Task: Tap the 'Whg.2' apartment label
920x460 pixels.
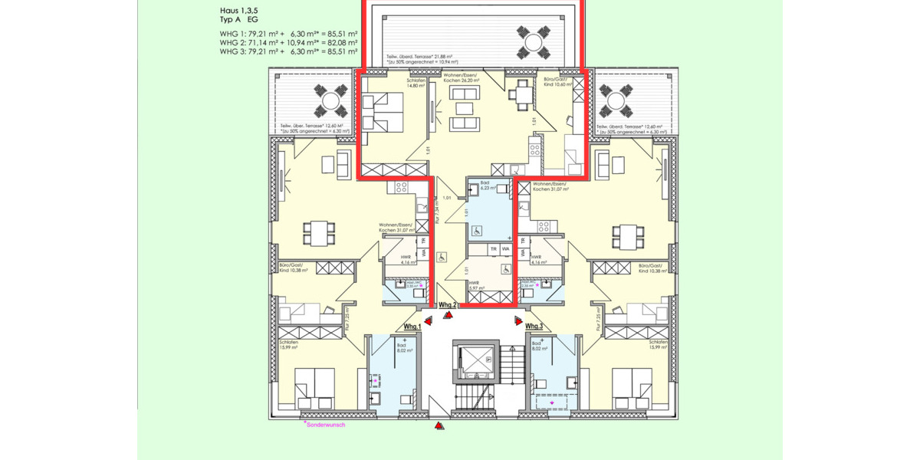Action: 448,305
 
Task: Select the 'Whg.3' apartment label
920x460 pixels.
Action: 534,327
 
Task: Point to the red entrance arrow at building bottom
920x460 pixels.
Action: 439,426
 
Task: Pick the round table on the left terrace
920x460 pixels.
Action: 331,100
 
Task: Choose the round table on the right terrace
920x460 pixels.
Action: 614,100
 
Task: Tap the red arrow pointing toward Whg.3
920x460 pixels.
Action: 518,320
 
